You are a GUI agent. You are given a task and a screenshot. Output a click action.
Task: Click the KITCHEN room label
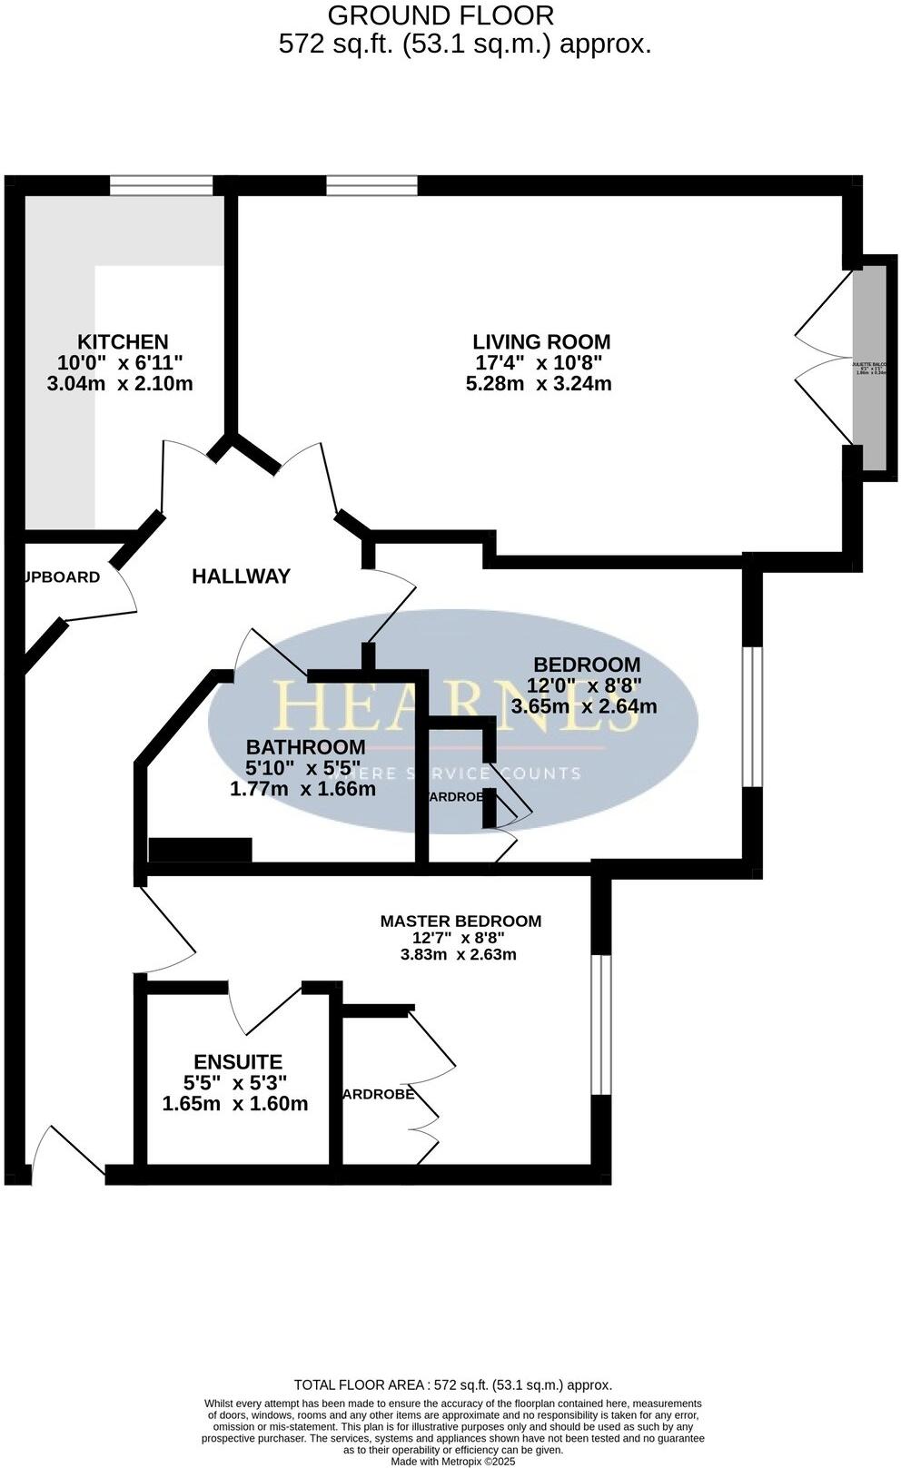(123, 342)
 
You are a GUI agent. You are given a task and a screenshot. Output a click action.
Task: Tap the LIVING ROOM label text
(541, 342)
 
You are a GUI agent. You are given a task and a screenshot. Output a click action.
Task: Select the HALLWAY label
(241, 576)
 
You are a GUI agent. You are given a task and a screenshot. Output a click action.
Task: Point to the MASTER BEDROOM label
(460, 921)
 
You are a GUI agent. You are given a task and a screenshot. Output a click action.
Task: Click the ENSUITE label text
(238, 1062)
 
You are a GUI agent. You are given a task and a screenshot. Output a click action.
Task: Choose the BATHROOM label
(306, 747)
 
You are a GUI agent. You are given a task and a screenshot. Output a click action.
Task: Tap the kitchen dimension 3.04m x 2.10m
(120, 384)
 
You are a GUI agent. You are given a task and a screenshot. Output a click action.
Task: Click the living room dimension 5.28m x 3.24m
(539, 384)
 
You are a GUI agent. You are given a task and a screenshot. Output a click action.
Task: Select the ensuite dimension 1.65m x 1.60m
(235, 1105)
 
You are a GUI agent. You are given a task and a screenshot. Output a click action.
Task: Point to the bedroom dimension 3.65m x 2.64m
(584, 706)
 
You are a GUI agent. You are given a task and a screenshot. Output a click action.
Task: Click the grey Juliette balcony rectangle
(874, 368)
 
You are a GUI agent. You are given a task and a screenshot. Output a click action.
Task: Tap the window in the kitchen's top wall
(162, 185)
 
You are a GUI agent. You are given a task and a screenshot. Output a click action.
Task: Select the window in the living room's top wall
(372, 185)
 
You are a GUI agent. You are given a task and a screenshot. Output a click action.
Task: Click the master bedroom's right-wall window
(600, 1024)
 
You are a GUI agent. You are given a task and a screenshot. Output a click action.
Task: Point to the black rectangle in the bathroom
(200, 850)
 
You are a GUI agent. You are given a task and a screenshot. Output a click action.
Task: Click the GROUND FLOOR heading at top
(441, 15)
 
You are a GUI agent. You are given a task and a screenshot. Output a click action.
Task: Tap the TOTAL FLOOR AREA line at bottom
(452, 1384)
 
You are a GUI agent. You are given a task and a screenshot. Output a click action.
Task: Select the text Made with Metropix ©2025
(452, 1462)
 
